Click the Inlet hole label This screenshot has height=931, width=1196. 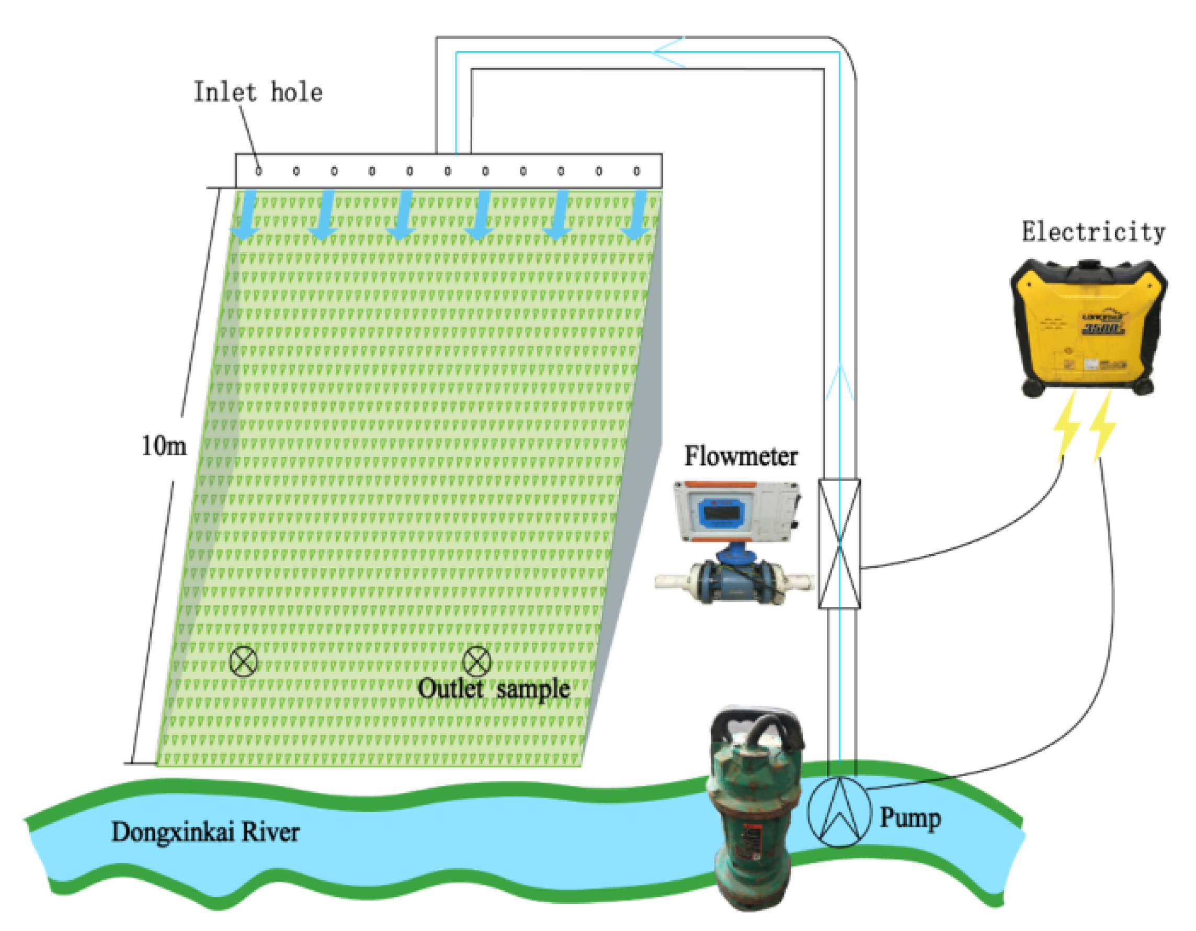[258, 92]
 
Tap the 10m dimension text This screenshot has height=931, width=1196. [164, 446]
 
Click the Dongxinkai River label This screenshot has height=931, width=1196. [206, 832]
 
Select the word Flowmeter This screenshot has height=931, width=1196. [741, 456]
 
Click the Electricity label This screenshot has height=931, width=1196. [1093, 232]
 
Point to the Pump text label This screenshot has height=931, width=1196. [910, 818]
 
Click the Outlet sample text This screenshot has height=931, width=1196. [493, 689]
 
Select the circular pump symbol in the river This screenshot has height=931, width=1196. [838, 812]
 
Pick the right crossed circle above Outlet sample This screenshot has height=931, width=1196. [476, 661]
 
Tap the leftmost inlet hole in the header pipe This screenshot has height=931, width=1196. [258, 172]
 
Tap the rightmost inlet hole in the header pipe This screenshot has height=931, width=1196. [636, 172]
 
